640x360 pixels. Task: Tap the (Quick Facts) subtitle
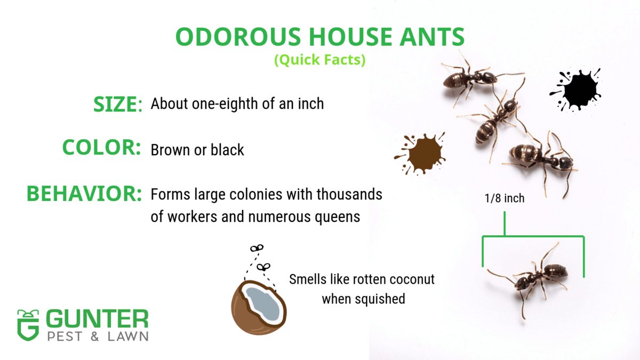(x=319, y=60)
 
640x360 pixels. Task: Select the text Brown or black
(x=197, y=150)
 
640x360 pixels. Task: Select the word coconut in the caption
(x=410, y=279)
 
